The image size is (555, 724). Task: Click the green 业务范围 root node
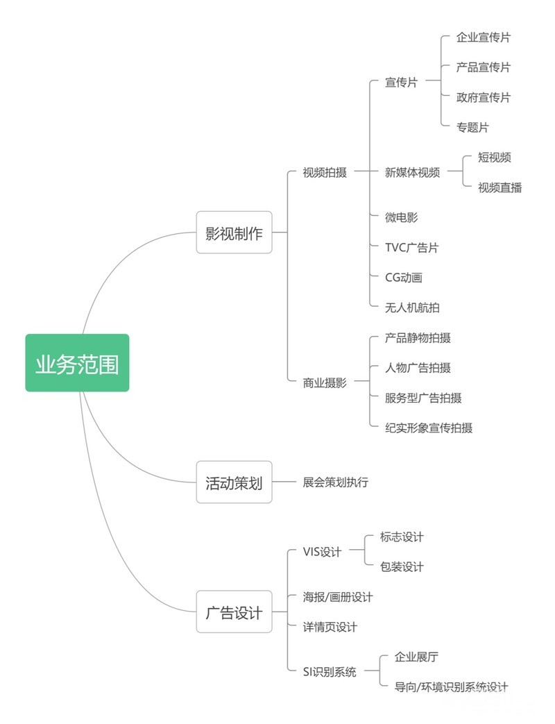tap(77, 363)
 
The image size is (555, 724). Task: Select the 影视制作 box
tap(234, 233)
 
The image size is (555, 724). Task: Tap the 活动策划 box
tap(234, 482)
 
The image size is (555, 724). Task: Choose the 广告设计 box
tap(234, 612)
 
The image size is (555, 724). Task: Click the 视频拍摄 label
tap(325, 172)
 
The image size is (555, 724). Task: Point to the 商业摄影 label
tap(325, 382)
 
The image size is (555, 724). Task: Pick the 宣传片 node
tap(401, 82)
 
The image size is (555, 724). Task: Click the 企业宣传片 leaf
tap(483, 37)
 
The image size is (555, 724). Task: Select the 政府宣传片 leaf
tap(483, 97)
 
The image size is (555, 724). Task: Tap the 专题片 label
tap(472, 128)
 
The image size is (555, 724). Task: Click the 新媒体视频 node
tap(412, 172)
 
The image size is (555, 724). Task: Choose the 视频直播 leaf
tap(499, 187)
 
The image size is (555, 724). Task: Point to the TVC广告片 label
tap(411, 247)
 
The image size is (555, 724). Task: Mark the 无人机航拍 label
tap(412, 307)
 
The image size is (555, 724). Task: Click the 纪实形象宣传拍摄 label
tap(429, 428)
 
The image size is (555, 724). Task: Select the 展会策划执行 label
tap(335, 482)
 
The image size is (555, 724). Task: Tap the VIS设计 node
tap(322, 552)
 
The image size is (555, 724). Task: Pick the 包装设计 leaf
tap(402, 566)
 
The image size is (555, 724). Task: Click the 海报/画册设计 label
tap(338, 596)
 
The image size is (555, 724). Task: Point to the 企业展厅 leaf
tap(416, 657)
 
